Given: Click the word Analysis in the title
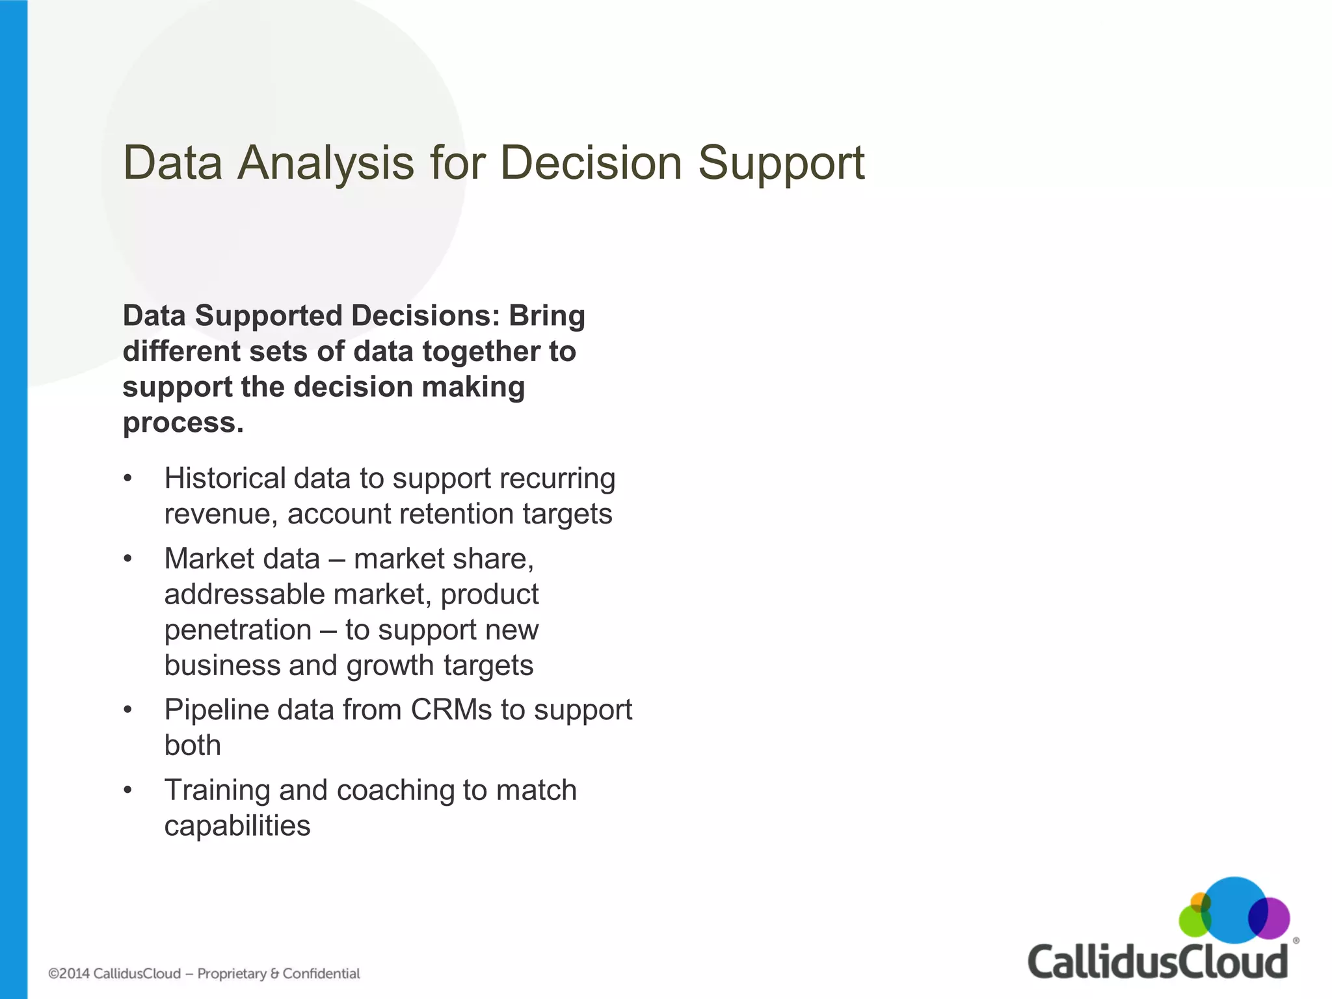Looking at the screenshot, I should point(325,163).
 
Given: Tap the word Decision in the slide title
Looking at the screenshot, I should point(591,163).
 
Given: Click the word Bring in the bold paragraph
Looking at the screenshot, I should point(546,316).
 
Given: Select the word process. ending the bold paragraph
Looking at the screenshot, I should point(183,423).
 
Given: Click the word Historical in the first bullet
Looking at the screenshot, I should point(224,479).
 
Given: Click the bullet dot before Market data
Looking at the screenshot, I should point(128,559).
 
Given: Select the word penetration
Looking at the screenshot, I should point(237,630).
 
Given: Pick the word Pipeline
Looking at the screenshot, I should point(216,710).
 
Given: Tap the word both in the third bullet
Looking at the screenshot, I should point(193,745).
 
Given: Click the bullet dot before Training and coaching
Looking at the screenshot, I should point(128,791).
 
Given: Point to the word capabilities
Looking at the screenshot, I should point(237,827).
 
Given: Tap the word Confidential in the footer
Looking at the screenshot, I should point(321,974).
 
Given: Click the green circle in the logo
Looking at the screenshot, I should point(1192,922).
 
